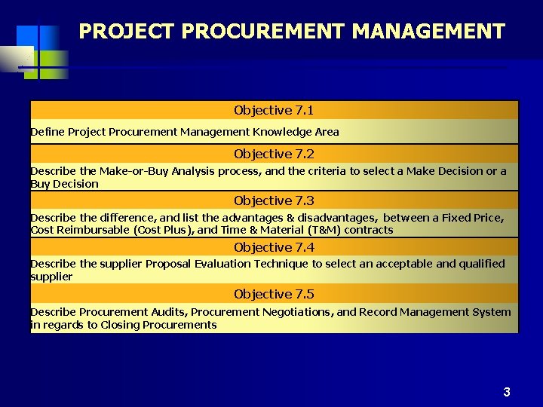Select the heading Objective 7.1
pos(274,110)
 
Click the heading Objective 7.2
pos(274,154)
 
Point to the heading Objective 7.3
pos(274,200)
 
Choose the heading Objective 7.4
pos(274,247)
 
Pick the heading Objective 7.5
pos(274,294)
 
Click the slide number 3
pos(507,392)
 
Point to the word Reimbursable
pos(94,230)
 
